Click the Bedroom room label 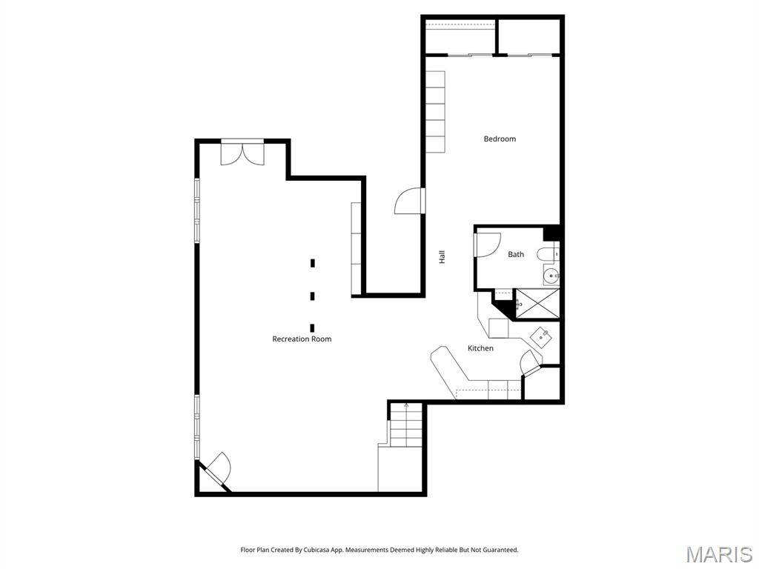tap(500, 139)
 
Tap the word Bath tap(516, 254)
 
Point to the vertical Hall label tap(443, 257)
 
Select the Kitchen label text tap(480, 348)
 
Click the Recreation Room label tap(302, 339)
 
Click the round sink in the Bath tap(551, 277)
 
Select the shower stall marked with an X tap(537, 304)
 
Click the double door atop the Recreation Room tap(242, 153)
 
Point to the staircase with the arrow tap(405, 426)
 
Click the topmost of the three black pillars tap(313, 262)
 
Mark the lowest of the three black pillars tap(313, 327)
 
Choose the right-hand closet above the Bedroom tap(528, 36)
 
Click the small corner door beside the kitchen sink tap(531, 363)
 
